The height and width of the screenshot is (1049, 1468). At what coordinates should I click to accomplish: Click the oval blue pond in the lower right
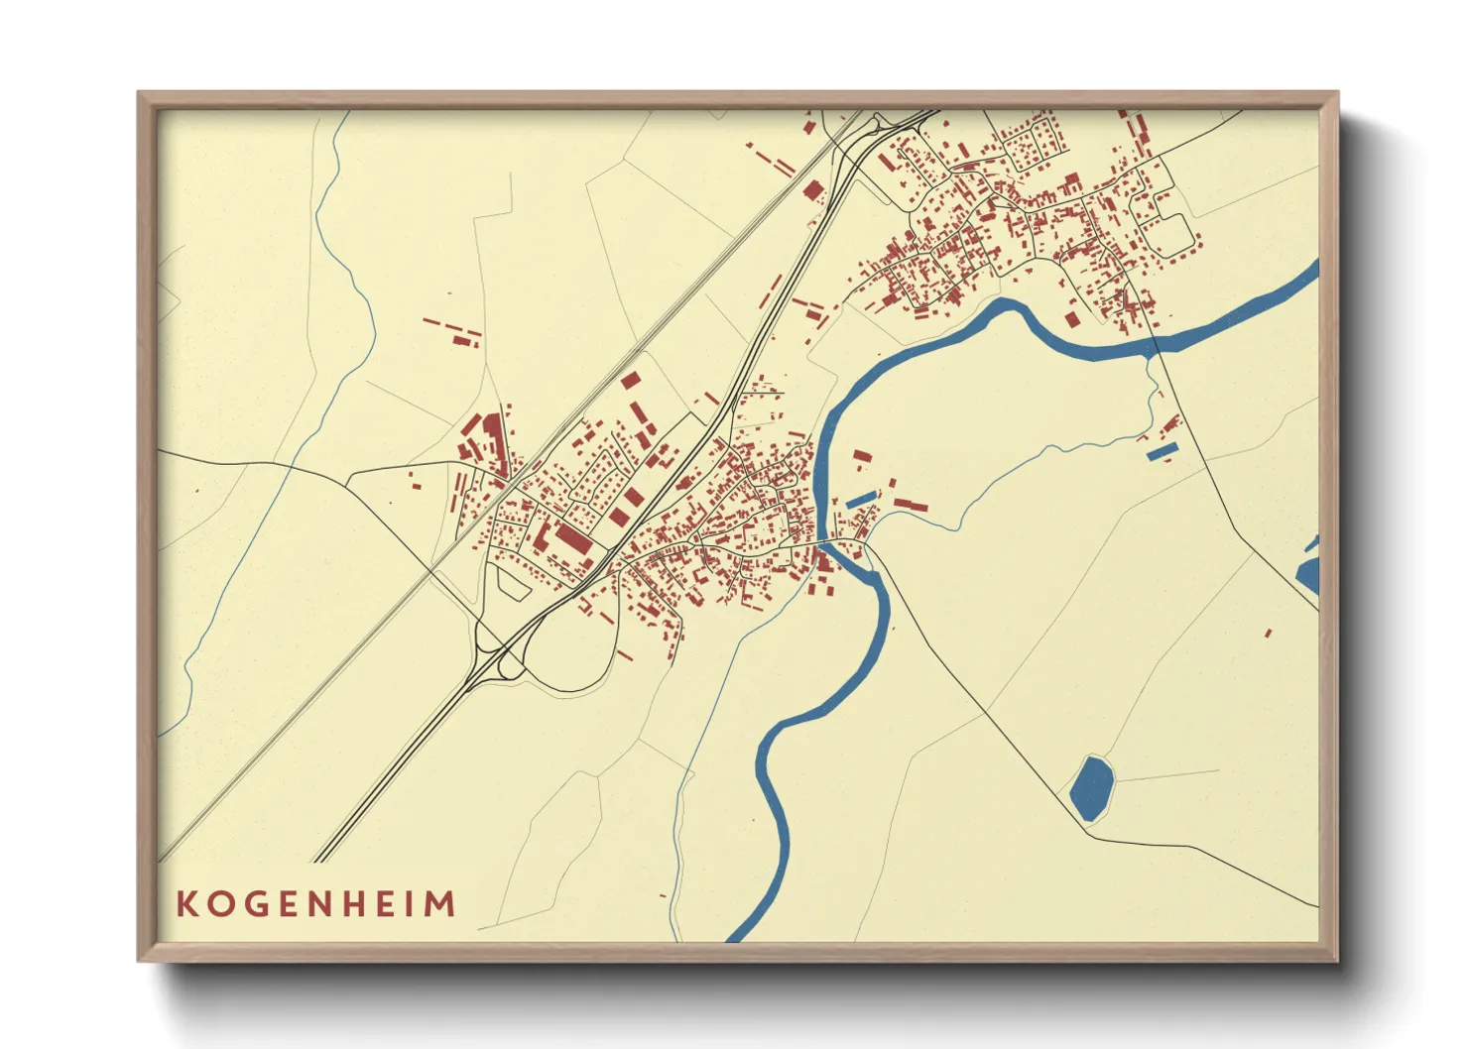click(1092, 787)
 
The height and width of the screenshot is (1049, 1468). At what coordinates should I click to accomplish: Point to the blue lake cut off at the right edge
click(1308, 574)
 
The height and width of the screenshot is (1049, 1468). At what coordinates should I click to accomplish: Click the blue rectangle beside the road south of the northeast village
click(1162, 451)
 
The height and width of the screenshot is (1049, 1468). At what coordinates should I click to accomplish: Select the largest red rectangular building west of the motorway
click(571, 540)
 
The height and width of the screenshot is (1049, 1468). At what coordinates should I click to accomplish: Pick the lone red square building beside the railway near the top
click(813, 190)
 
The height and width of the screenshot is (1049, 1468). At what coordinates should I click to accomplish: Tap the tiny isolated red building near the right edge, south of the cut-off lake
click(1269, 632)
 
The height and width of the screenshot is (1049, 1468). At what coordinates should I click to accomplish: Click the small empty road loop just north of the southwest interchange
click(513, 585)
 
